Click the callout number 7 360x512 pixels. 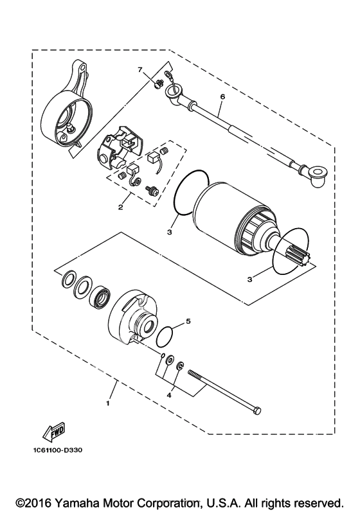point(140,69)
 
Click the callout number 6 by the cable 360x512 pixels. point(223,96)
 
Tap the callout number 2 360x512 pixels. point(121,207)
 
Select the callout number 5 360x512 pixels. point(188,321)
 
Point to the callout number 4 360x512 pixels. point(169,396)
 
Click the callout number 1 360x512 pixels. point(108,404)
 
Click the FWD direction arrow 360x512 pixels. point(54,431)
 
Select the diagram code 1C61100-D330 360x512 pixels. point(57,450)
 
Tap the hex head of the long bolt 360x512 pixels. point(257,411)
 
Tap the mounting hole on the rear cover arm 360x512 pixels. point(84,67)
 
